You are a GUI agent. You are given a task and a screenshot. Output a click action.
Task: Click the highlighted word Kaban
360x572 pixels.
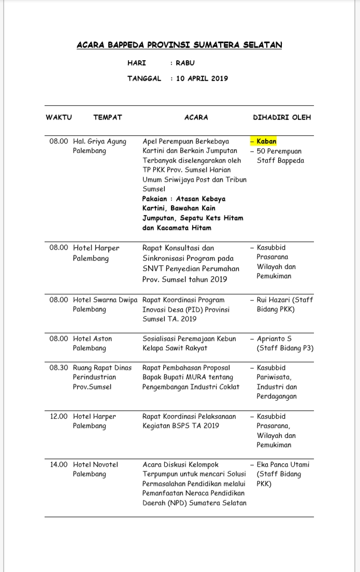[266, 141]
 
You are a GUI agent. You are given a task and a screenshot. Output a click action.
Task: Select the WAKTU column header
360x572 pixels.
[59, 118]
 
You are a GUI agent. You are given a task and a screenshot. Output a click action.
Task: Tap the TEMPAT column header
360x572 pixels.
[108, 118]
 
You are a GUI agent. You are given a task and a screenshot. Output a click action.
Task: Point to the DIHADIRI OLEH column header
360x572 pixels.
[282, 118]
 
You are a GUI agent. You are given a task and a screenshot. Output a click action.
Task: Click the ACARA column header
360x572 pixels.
[196, 118]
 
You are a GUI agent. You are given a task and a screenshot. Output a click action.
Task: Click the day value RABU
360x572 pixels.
[185, 63]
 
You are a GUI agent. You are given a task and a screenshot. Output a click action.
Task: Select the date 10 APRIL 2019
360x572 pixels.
[202, 79]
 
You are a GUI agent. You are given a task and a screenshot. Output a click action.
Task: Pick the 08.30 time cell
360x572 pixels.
[59, 368]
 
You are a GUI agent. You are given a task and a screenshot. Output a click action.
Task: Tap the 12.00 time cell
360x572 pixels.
[59, 417]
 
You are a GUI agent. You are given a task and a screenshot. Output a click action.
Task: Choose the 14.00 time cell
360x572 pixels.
[59, 465]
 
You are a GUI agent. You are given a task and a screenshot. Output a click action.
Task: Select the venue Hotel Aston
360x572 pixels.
[92, 339]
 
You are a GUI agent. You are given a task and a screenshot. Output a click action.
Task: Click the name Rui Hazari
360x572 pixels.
[275, 300]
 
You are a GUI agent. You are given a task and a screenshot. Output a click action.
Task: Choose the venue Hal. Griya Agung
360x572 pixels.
[99, 141]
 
